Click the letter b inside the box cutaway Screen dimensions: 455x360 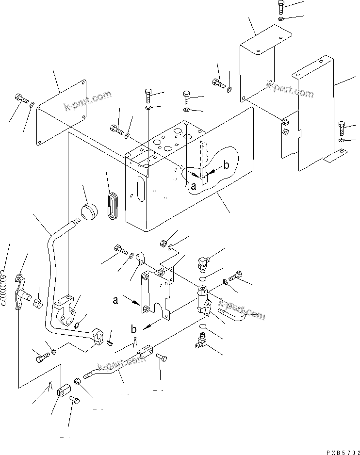[x=226, y=166]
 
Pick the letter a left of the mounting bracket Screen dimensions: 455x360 [x=115, y=300]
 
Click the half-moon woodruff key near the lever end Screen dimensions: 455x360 [x=110, y=343]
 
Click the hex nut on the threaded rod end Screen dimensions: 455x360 [x=77, y=381]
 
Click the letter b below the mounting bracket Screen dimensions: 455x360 [x=133, y=329]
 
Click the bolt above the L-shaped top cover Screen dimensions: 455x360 [x=282, y=7]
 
